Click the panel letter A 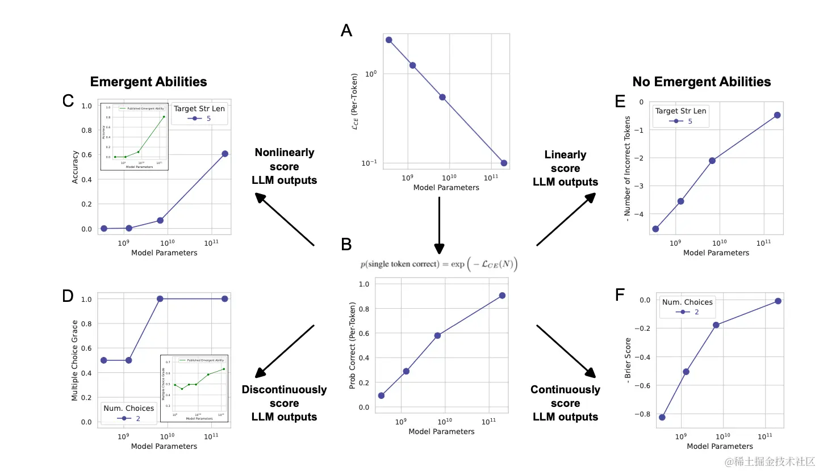tap(346, 30)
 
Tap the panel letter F tap(620, 295)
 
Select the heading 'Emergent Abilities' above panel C tap(149, 82)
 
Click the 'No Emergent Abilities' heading tap(701, 82)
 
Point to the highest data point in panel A tap(389, 40)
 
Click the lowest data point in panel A tap(504, 163)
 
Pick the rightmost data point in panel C tap(225, 154)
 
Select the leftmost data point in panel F tap(662, 417)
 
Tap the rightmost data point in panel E tap(777, 115)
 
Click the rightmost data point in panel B tap(503, 296)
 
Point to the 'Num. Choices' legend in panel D tap(128, 413)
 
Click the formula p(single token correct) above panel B tap(439, 264)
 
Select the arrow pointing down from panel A tap(439, 224)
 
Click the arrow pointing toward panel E tap(565, 220)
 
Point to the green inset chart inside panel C tap(135, 136)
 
